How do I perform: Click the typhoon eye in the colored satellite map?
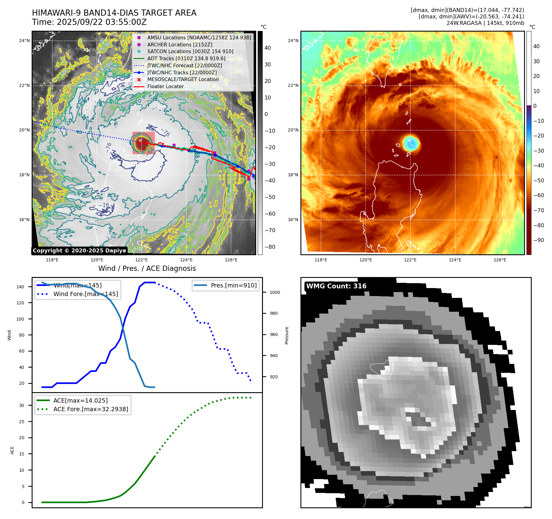tap(411, 143)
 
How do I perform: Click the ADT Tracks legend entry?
tap(186, 58)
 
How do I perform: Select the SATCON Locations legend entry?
tap(190, 51)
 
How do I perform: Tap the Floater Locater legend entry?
tap(165, 86)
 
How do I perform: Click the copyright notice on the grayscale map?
tap(79, 251)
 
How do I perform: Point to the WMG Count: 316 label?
tap(336, 286)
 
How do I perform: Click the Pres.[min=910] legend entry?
tap(233, 285)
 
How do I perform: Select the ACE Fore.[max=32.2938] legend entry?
tap(91, 409)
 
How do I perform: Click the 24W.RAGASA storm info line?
tap(485, 23)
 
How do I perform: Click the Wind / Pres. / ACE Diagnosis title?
tap(147, 268)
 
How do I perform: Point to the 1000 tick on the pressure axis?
tap(275, 292)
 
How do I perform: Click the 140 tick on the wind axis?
tap(20, 287)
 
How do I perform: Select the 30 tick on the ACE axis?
tap(22, 405)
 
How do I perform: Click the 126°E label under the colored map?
tap(500, 260)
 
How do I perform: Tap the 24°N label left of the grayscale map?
tap(24, 41)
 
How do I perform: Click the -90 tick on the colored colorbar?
tap(538, 240)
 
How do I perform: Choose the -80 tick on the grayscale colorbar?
tap(270, 247)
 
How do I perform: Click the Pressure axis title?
tap(287, 335)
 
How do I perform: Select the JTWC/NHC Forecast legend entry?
tap(184, 65)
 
